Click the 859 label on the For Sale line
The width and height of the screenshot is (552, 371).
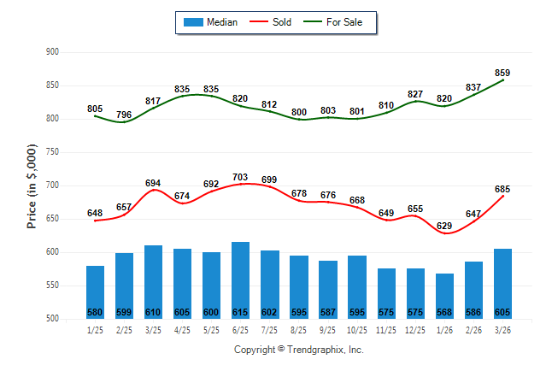502,73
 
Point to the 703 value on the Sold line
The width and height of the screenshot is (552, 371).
240,177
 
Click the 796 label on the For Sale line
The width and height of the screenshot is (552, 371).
124,115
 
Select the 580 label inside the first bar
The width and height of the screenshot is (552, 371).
95,311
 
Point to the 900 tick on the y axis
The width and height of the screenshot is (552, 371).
52,52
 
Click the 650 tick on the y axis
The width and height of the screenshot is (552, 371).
52,219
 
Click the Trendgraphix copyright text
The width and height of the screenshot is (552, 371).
299,350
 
